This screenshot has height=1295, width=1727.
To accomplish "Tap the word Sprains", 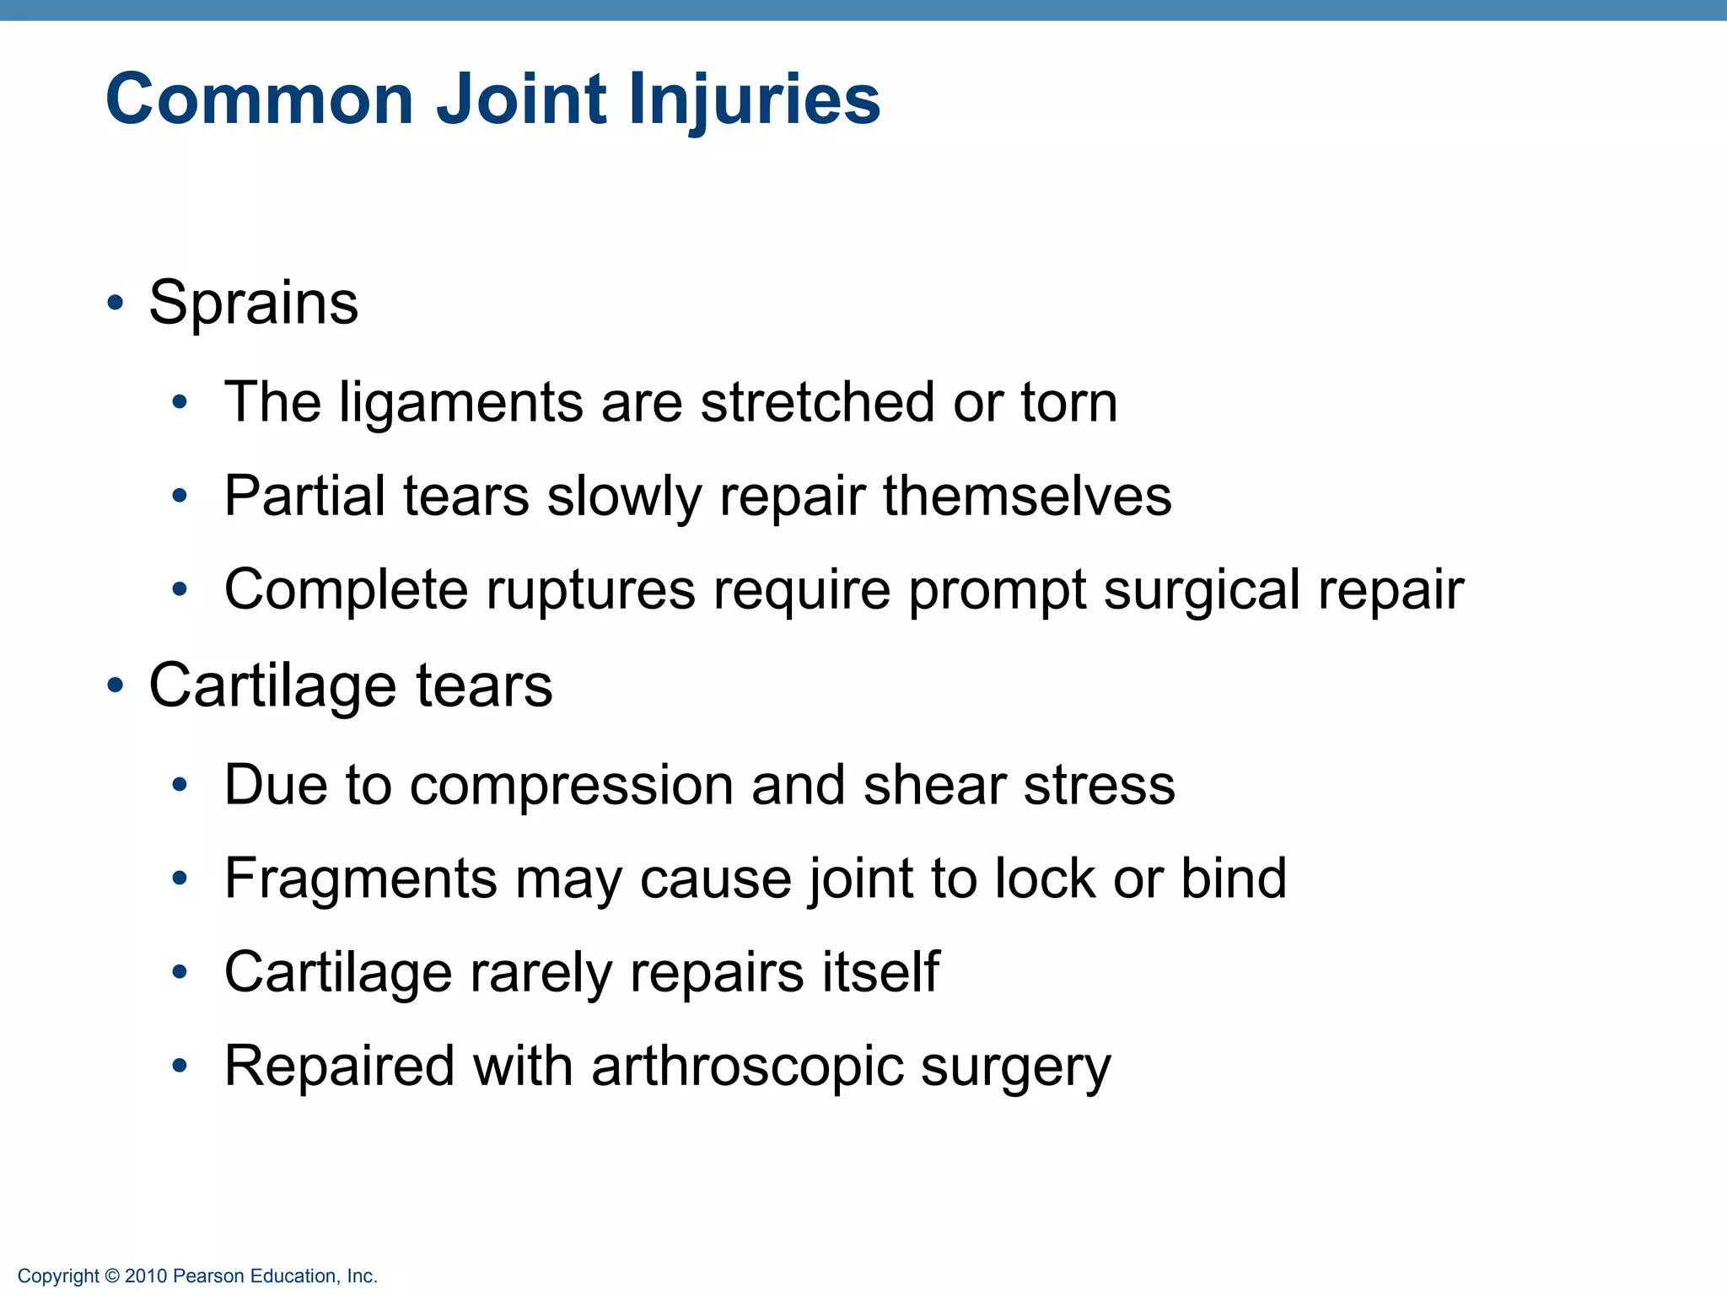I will click(x=253, y=303).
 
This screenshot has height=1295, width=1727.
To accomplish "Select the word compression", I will click(x=571, y=787).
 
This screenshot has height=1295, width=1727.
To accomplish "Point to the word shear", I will click(x=933, y=785).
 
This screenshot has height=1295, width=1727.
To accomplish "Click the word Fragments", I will click(x=361, y=880).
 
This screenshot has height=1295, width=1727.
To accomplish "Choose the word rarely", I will click(x=541, y=974).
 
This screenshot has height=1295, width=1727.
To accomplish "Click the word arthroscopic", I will click(x=746, y=1067).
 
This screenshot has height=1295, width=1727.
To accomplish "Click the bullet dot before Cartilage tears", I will click(x=116, y=685).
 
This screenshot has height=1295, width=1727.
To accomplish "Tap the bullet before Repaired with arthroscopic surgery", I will click(x=179, y=1067).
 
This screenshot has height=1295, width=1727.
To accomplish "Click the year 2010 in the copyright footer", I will click(x=146, y=1276).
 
